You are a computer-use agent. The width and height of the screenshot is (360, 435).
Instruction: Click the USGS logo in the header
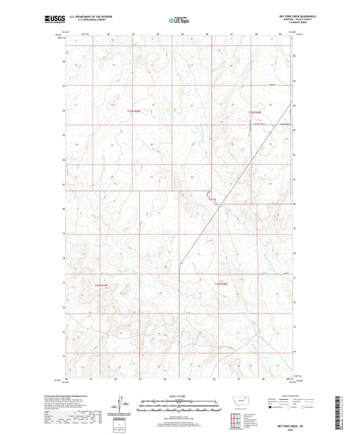click(53, 20)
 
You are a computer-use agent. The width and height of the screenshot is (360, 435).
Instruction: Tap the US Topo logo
click(179, 20)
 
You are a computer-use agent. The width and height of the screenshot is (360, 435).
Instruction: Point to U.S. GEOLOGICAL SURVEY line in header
click(93, 21)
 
